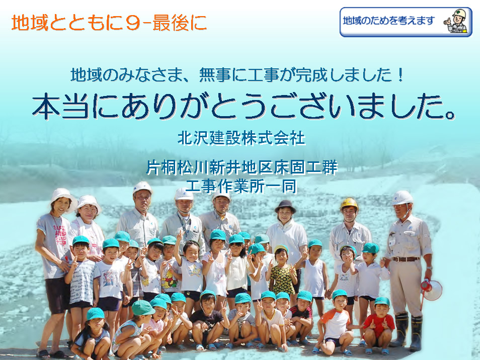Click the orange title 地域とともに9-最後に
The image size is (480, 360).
click(x=109, y=23)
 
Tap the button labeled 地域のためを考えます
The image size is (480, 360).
click(x=406, y=22)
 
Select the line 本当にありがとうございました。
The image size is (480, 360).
click(x=244, y=106)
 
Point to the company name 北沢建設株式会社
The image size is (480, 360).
click(x=242, y=138)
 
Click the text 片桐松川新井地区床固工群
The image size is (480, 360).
click(x=242, y=167)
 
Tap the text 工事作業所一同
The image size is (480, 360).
click(x=241, y=186)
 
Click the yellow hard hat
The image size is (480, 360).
click(x=349, y=204)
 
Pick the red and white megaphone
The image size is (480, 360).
click(x=431, y=289)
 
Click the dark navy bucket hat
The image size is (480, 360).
click(x=285, y=206)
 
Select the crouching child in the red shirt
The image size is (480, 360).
click(x=379, y=326)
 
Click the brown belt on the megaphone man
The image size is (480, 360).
click(x=406, y=259)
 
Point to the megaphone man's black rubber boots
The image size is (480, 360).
click(x=409, y=331)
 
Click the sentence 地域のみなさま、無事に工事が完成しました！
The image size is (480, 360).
click(x=237, y=75)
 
